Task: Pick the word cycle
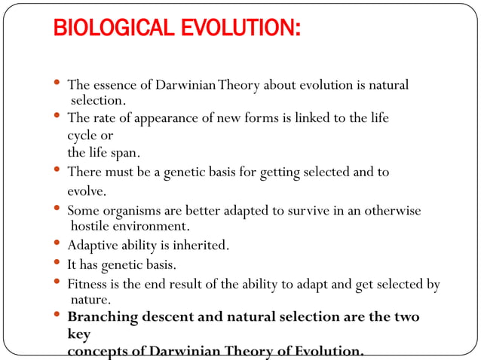(x=82, y=136)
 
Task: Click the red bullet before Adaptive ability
(x=58, y=243)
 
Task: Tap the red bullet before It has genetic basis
(x=58, y=263)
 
